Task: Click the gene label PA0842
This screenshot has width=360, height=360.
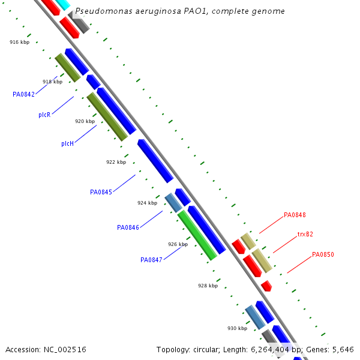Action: (23, 94)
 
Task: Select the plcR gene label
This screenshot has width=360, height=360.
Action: (44, 115)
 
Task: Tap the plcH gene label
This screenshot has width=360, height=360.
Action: (67, 143)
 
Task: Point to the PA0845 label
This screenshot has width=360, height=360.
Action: (101, 192)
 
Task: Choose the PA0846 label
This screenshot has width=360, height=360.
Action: (128, 227)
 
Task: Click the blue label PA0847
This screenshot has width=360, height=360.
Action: (151, 260)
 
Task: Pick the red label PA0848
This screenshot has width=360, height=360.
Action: (295, 215)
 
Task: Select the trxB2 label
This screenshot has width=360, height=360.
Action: (305, 234)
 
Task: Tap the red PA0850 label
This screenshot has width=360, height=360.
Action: (323, 254)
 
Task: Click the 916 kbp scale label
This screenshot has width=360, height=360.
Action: (19, 42)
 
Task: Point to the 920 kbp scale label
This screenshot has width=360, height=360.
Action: (85, 121)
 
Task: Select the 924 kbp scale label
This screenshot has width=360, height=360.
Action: (147, 203)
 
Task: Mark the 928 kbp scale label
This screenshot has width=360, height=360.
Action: (208, 286)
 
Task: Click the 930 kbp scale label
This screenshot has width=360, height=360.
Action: (237, 328)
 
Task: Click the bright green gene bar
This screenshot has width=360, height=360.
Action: (197, 235)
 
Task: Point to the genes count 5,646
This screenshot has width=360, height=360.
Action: (342, 349)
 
